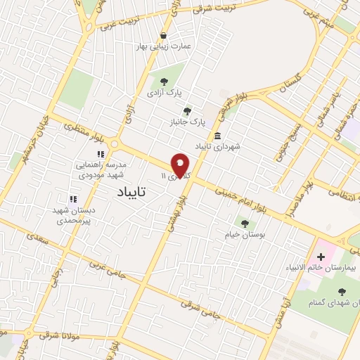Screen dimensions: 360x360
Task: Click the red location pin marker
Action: [181, 164]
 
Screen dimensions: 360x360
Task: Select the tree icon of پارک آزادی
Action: [164, 81]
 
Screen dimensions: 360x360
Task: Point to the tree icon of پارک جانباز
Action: [187, 110]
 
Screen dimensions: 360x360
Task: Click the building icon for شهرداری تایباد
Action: [217, 136]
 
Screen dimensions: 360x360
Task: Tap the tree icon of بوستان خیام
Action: [245, 224]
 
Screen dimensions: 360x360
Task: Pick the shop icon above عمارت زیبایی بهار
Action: [163, 35]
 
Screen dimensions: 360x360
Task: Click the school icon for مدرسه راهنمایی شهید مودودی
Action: [101, 153]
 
